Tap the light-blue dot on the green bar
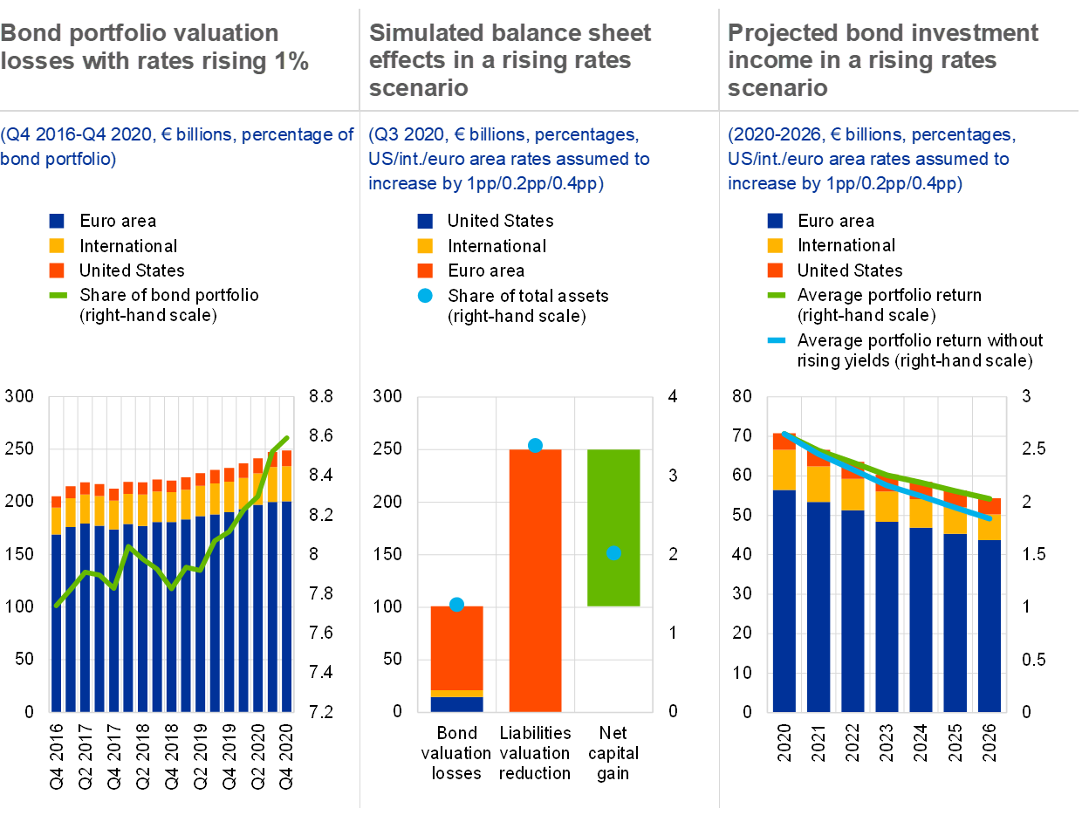coord(613,553)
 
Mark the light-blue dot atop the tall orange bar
coord(535,446)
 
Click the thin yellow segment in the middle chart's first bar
coord(456,694)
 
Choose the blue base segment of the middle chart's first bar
coord(456,704)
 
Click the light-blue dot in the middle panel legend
coord(425,296)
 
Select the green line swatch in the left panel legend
coord(58,295)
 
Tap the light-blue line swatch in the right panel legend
coord(777,340)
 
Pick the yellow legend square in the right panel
coord(775,246)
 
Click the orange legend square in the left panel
coord(57,271)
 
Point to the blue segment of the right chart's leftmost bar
coord(784,602)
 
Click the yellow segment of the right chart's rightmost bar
coord(989,527)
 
